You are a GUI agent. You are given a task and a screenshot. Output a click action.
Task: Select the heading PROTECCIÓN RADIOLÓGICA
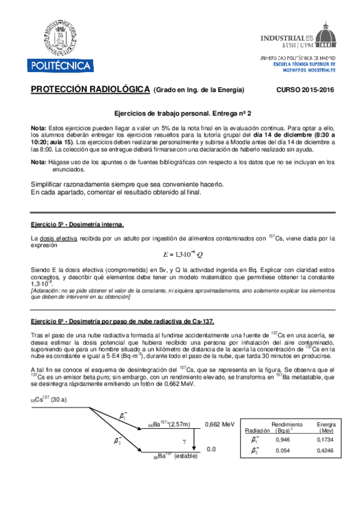point(90,90)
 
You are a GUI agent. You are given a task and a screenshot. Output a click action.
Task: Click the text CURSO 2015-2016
point(305,90)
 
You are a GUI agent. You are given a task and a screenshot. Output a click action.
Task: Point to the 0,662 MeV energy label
point(219,424)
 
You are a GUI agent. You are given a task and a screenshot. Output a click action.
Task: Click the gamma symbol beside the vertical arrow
point(185,441)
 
